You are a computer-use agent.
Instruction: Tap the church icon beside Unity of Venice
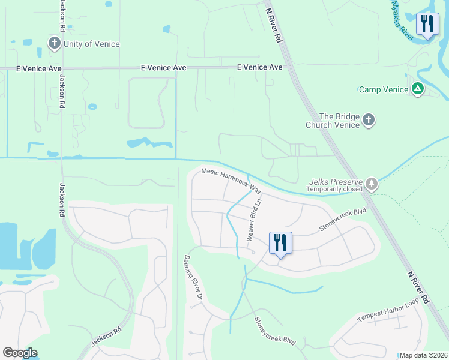click(x=55, y=43)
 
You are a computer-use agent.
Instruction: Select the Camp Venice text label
click(x=382, y=89)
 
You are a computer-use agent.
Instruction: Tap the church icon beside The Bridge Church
click(x=369, y=121)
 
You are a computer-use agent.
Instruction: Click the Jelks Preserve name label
click(x=336, y=181)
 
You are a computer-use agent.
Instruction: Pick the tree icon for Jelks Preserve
click(x=373, y=183)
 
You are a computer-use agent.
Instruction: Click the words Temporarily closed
click(x=335, y=189)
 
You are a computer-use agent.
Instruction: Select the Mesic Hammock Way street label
click(x=232, y=179)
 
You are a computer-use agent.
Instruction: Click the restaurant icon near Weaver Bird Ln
click(x=280, y=243)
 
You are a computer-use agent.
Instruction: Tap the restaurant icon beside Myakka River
click(x=427, y=25)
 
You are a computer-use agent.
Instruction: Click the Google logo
click(x=20, y=353)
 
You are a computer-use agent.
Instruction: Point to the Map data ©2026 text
click(x=424, y=355)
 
